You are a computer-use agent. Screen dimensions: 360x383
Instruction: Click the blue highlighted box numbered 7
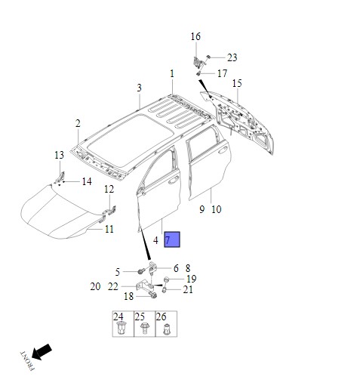(172, 239)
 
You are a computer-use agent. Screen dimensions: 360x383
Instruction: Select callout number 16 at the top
(195, 37)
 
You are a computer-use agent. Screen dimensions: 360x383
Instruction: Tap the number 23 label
(232, 57)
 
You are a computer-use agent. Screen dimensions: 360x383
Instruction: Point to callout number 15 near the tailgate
(237, 83)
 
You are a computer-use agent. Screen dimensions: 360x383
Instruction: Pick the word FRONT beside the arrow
(27, 360)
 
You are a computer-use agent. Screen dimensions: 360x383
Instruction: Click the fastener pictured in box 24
(122, 329)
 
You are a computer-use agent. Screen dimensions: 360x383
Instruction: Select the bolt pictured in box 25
(144, 329)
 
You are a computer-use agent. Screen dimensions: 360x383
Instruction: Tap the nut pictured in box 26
(166, 329)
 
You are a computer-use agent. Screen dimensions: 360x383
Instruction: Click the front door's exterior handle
(174, 180)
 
